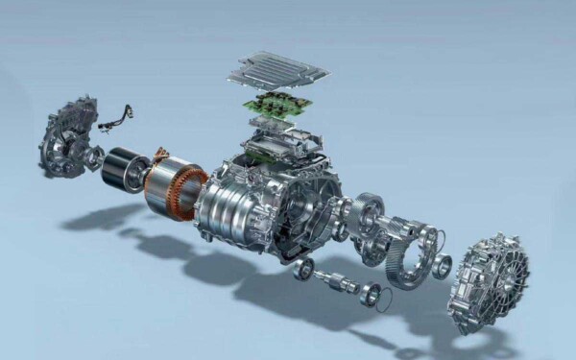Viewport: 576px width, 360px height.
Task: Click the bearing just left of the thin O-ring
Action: click(x=368, y=295)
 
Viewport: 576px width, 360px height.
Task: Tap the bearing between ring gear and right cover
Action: click(x=441, y=266)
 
